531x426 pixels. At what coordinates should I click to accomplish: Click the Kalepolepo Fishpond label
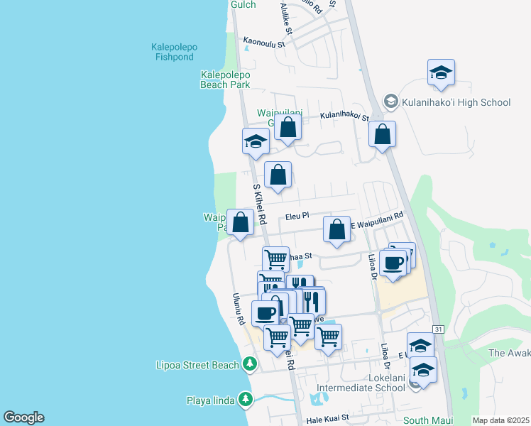(174, 53)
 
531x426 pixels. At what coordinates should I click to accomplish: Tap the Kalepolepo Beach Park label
(225, 79)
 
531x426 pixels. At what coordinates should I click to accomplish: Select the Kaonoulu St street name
(263, 43)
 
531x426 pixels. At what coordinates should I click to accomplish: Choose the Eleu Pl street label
(297, 215)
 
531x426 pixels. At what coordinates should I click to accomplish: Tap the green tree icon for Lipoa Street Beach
(249, 365)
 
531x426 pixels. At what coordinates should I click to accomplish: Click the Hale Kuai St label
(327, 420)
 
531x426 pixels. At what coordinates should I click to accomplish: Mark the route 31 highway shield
(438, 329)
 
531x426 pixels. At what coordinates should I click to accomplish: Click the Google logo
(23, 417)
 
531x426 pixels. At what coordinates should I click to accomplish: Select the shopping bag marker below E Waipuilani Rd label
(336, 229)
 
